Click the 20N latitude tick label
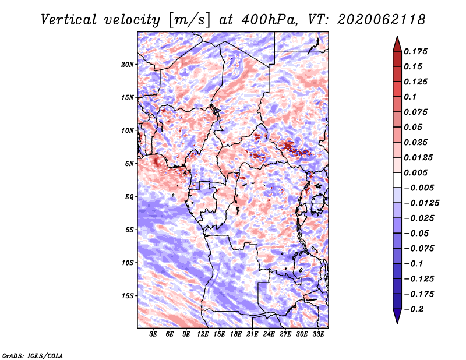[128, 65]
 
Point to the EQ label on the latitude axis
[129, 197]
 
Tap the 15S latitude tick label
[128, 296]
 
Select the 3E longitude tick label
[153, 334]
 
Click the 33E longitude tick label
[318, 334]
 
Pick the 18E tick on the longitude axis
[236, 334]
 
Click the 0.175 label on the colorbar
[415, 51]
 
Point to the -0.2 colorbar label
[414, 309]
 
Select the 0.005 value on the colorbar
[415, 172]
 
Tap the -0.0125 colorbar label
[421, 203]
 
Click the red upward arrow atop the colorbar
[397, 44]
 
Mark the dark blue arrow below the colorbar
[397, 316]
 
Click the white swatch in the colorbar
[397, 180]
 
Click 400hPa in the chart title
[269, 20]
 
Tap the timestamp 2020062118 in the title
[382, 20]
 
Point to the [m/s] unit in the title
[189, 20]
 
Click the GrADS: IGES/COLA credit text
[33, 356]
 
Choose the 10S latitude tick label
[128, 263]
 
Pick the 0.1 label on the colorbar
[410, 97]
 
